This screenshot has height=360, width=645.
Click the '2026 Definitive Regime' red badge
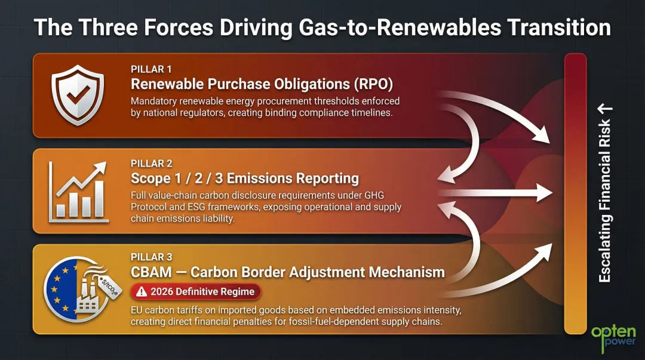point(196,292)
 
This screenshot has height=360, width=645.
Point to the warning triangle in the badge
point(142,292)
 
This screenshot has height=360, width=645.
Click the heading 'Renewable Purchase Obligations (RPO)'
point(262,84)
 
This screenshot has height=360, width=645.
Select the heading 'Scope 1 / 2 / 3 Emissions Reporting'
point(245,178)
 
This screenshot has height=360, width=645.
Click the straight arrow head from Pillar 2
point(545,193)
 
